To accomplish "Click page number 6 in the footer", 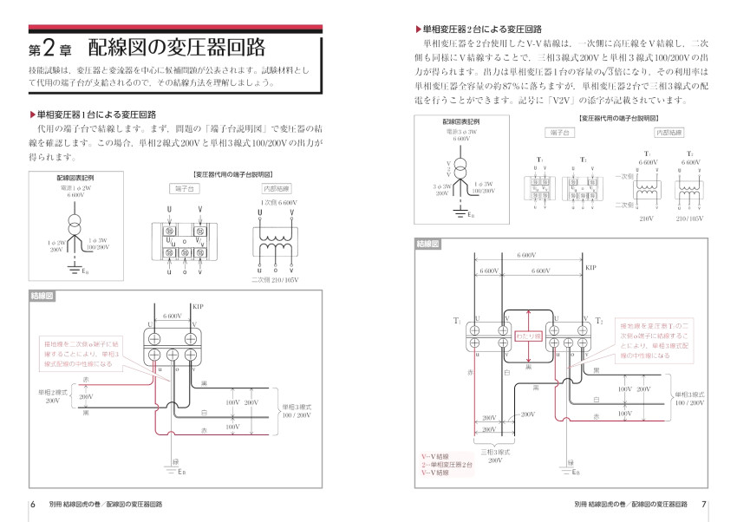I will [33, 504].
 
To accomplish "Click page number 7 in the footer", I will [704, 504].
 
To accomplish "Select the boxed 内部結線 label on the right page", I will [669, 133].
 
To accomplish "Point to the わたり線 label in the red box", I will [528, 336].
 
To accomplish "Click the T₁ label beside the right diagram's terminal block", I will [456, 321].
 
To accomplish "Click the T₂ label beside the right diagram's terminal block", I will [599, 321].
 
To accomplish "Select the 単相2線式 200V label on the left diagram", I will [53, 396].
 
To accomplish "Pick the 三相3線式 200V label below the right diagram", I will [494, 456].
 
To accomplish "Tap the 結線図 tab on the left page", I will [43, 296].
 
